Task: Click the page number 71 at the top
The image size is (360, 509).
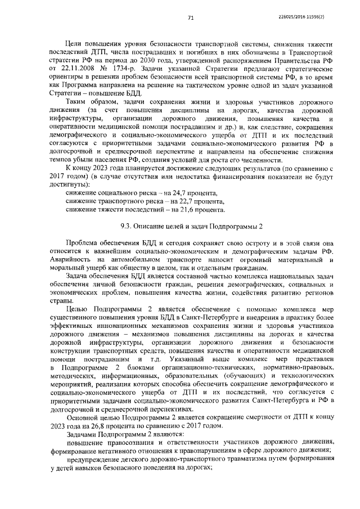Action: [x=191, y=18]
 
